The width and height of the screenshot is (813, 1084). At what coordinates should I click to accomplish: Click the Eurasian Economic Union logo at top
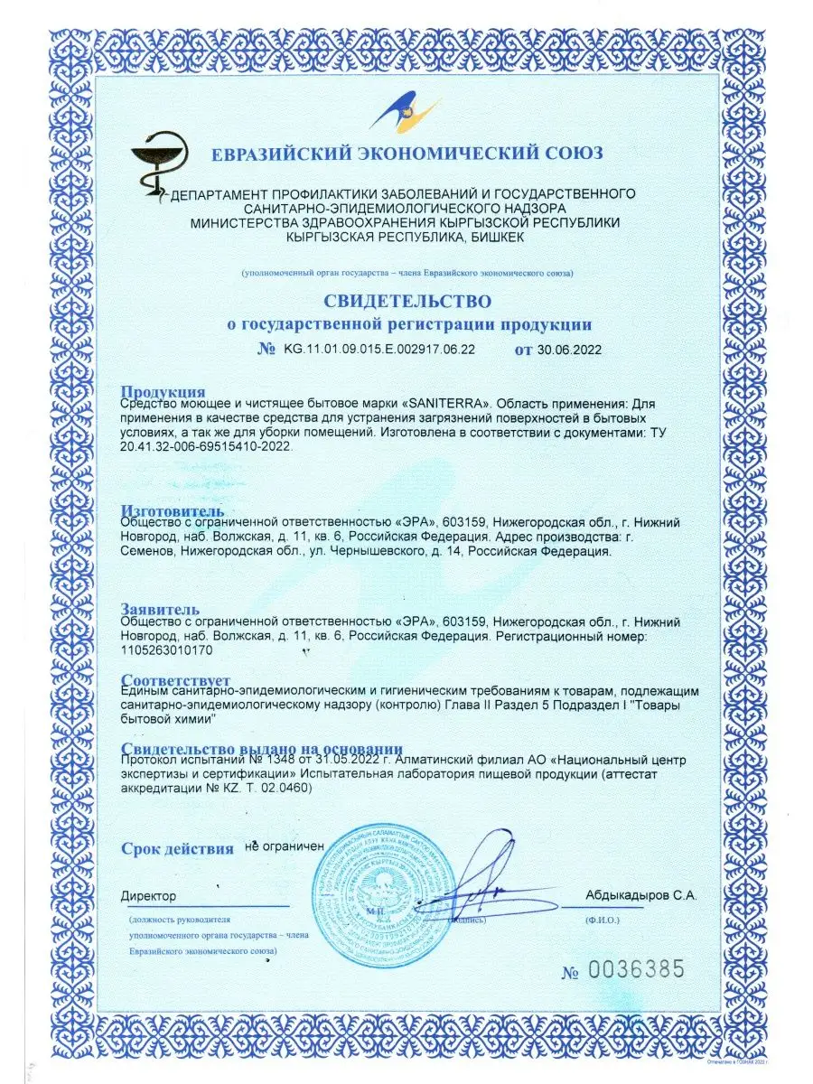tap(405, 112)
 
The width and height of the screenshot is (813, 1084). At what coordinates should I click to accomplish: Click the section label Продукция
tap(164, 391)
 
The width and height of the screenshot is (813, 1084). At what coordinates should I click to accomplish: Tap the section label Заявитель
tap(160, 611)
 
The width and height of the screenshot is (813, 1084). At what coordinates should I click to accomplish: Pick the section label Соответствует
tap(175, 679)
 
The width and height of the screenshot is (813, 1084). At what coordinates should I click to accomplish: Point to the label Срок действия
tap(177, 848)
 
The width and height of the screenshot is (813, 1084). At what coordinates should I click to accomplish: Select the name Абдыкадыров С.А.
tap(640, 895)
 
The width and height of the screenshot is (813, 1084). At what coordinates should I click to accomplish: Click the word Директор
tap(149, 895)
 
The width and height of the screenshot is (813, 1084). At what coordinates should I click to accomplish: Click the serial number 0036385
tap(636, 970)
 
